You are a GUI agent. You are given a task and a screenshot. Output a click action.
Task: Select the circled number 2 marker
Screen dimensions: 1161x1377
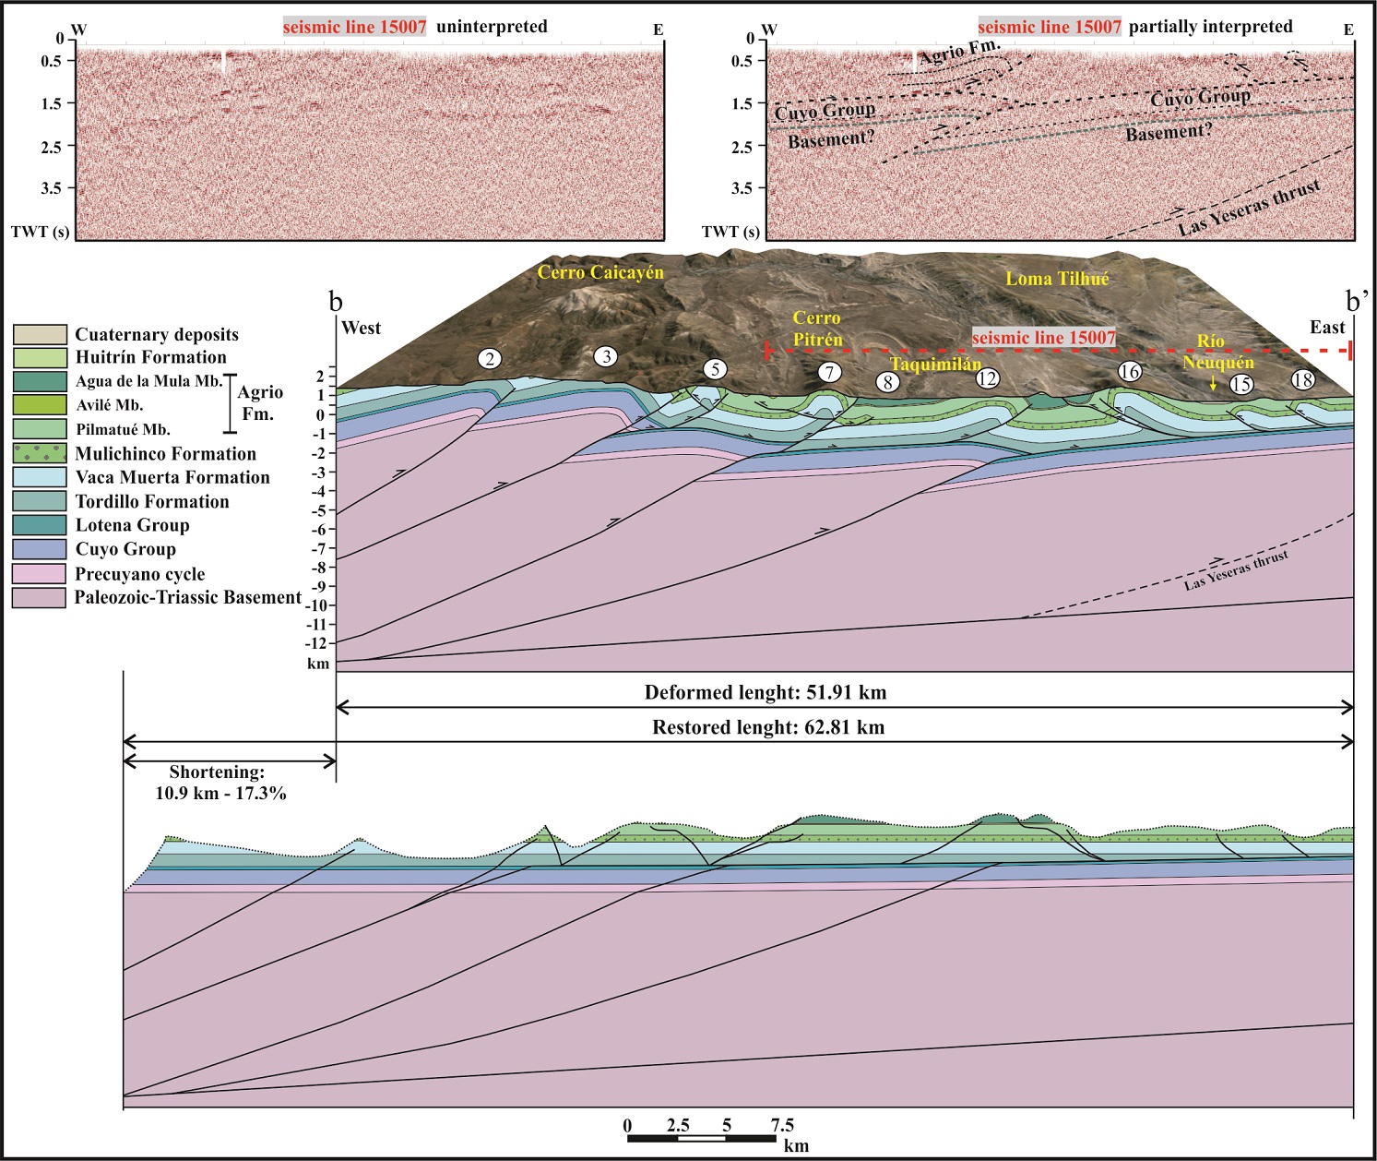click(x=490, y=359)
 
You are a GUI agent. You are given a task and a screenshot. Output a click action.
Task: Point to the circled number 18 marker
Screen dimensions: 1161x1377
click(x=1302, y=380)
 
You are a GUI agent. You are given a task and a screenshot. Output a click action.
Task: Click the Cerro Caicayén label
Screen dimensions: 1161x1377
click(x=600, y=272)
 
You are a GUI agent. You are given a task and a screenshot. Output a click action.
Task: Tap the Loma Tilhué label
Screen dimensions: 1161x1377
click(x=1057, y=278)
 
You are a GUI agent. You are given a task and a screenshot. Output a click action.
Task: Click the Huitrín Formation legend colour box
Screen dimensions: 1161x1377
click(x=40, y=357)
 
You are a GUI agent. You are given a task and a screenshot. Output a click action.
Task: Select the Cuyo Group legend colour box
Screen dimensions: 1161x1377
click(x=40, y=549)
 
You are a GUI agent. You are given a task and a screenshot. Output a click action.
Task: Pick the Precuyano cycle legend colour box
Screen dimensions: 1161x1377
click(x=40, y=573)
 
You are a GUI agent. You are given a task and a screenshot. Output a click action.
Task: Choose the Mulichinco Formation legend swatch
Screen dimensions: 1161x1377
click(x=40, y=453)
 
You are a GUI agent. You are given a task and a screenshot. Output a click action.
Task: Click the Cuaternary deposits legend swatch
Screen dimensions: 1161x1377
click(x=40, y=334)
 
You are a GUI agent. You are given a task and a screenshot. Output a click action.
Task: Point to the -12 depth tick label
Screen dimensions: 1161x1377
click(x=318, y=642)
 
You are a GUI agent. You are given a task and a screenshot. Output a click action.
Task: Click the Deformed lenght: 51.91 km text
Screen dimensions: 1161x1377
click(x=765, y=692)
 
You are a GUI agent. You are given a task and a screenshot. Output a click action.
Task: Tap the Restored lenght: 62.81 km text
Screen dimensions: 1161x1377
click(x=768, y=727)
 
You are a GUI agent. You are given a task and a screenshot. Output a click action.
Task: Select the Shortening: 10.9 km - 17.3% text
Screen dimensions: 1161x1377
click(x=228, y=782)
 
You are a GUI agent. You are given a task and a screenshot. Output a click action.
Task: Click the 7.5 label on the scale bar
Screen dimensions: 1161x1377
click(x=781, y=1125)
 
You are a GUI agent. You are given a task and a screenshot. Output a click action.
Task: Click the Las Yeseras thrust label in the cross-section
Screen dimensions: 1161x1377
click(x=1236, y=571)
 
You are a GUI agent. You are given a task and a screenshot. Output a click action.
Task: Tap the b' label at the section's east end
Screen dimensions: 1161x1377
click(x=1358, y=301)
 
